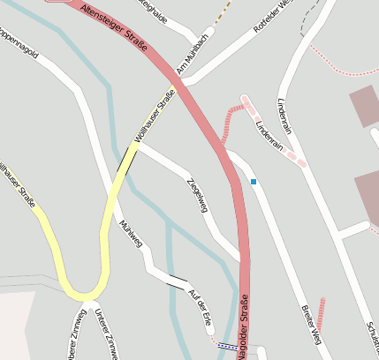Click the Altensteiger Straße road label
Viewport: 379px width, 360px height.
pyautogui.click(x=113, y=26)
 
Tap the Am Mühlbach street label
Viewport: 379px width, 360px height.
pyautogui.click(x=192, y=56)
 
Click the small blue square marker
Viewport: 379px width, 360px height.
pyautogui.click(x=254, y=182)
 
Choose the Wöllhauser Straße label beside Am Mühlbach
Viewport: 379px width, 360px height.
pyautogui.click(x=153, y=121)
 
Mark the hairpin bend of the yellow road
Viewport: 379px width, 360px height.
pyautogui.click(x=84, y=293)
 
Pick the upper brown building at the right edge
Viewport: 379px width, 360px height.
pyautogui.click(x=365, y=106)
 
